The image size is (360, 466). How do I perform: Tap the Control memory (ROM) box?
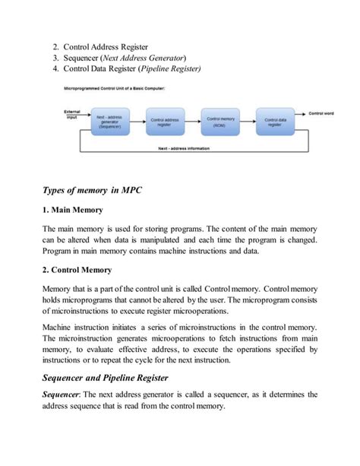tap(221, 122)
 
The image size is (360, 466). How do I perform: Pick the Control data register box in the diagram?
tap(274, 122)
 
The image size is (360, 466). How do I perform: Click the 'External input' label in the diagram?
tap(72, 114)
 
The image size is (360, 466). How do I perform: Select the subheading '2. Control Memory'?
tap(77, 269)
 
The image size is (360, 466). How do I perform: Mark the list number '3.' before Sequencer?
tap(55, 58)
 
